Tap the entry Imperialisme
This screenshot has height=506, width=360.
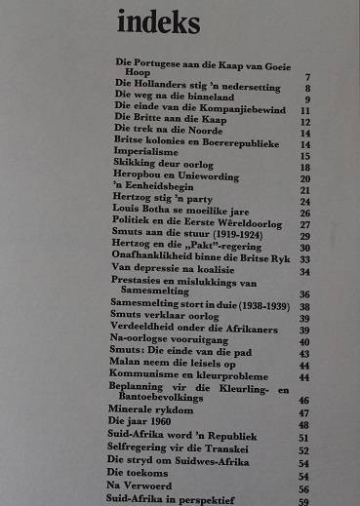[147, 155]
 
